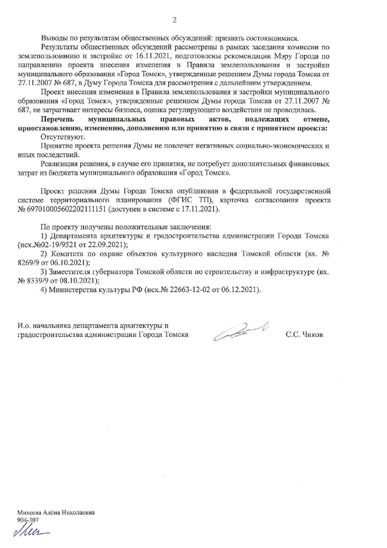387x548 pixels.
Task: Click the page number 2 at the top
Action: tap(174, 20)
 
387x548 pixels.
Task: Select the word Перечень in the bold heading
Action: tap(57, 119)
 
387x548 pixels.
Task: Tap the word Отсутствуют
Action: tap(63, 137)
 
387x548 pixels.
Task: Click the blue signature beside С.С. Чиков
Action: tap(240, 331)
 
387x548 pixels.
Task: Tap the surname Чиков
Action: tap(313, 335)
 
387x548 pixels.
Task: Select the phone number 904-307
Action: tap(28, 520)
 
